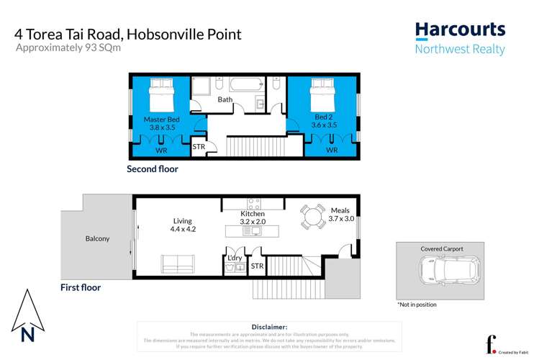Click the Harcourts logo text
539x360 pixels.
click(x=460, y=31)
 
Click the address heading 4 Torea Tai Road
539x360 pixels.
click(x=128, y=34)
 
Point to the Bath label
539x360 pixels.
click(x=225, y=99)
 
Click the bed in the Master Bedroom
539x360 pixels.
click(x=161, y=94)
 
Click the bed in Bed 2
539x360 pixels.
click(x=322, y=94)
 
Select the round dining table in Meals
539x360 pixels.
click(x=312, y=216)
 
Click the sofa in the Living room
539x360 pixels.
click(x=176, y=264)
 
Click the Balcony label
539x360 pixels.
click(x=97, y=238)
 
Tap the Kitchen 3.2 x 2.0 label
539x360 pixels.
click(x=253, y=218)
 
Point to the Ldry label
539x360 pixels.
click(x=235, y=257)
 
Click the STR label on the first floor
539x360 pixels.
click(x=257, y=266)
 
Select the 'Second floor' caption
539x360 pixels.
click(x=153, y=170)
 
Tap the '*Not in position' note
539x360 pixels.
click(x=417, y=305)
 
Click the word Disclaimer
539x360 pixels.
click(x=269, y=327)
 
